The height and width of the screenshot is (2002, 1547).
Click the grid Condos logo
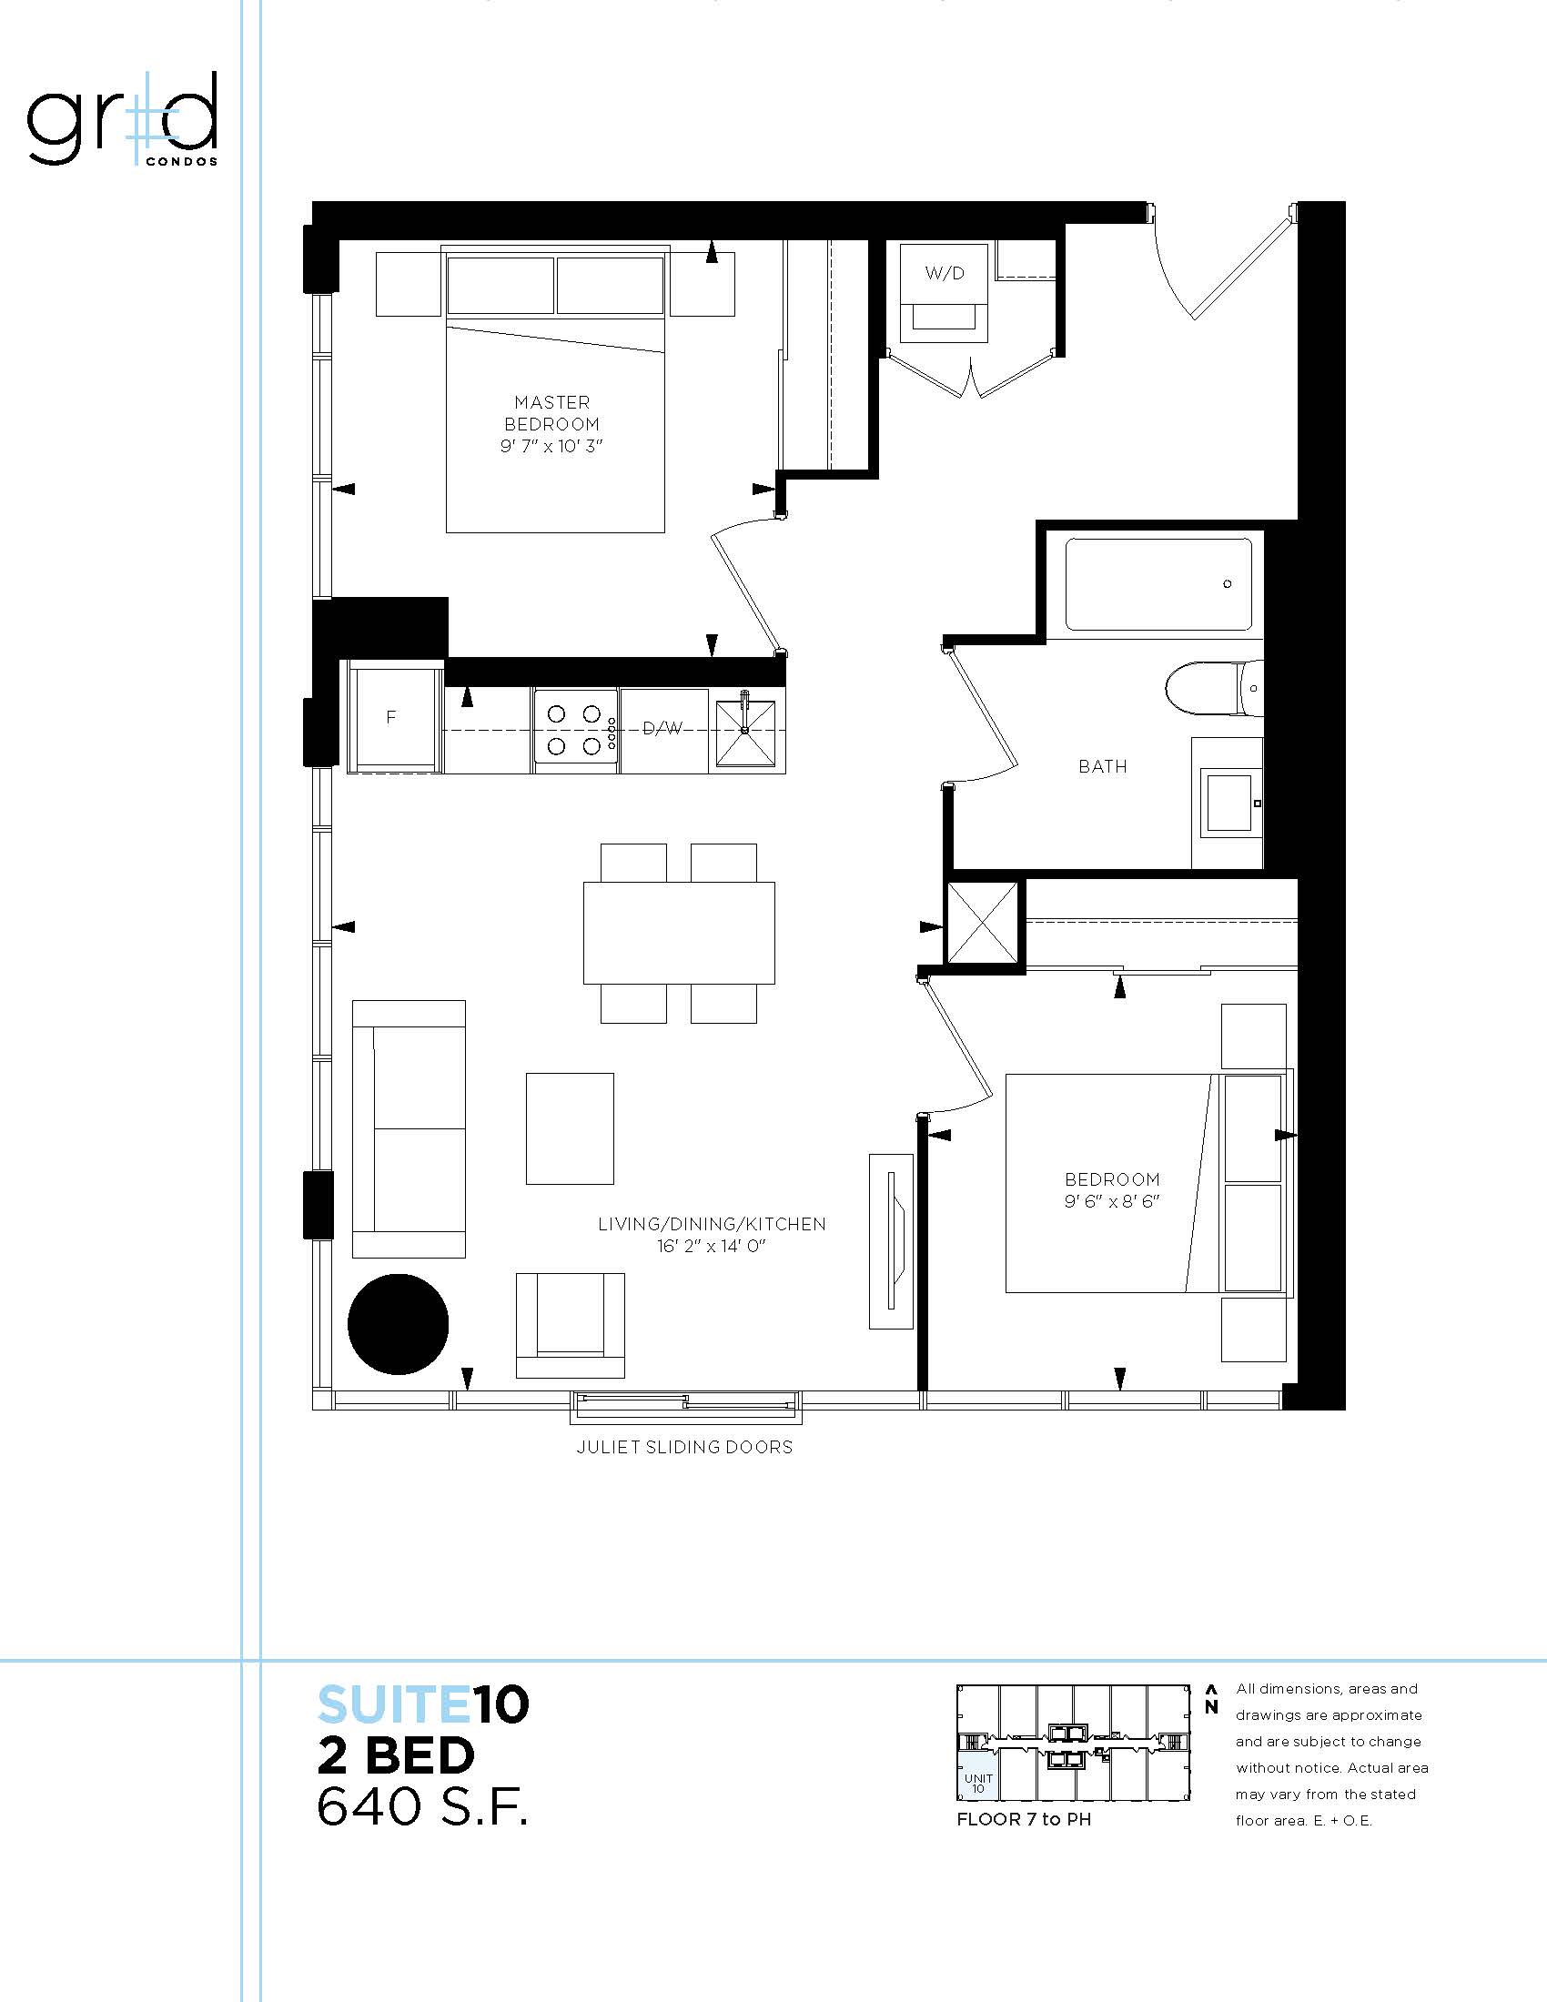tap(122, 120)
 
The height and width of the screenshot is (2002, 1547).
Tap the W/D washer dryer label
tap(944, 273)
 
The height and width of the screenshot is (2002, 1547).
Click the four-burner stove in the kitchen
tap(575, 731)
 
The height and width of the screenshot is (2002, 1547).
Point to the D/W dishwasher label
tap(662, 728)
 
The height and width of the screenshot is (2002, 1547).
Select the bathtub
tap(1158, 584)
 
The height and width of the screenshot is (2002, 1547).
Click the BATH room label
tap(1103, 766)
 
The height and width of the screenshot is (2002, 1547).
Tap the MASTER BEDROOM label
tap(551, 413)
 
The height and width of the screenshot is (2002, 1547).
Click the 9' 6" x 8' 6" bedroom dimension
tap(1112, 1201)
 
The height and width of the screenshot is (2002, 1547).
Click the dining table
tap(679, 932)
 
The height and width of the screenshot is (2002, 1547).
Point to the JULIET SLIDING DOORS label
tap(684, 1447)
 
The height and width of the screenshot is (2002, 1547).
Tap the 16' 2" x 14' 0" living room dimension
tap(712, 1246)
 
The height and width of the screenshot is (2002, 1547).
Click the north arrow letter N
tap(1210, 1707)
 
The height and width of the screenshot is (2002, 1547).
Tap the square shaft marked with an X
tap(982, 922)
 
